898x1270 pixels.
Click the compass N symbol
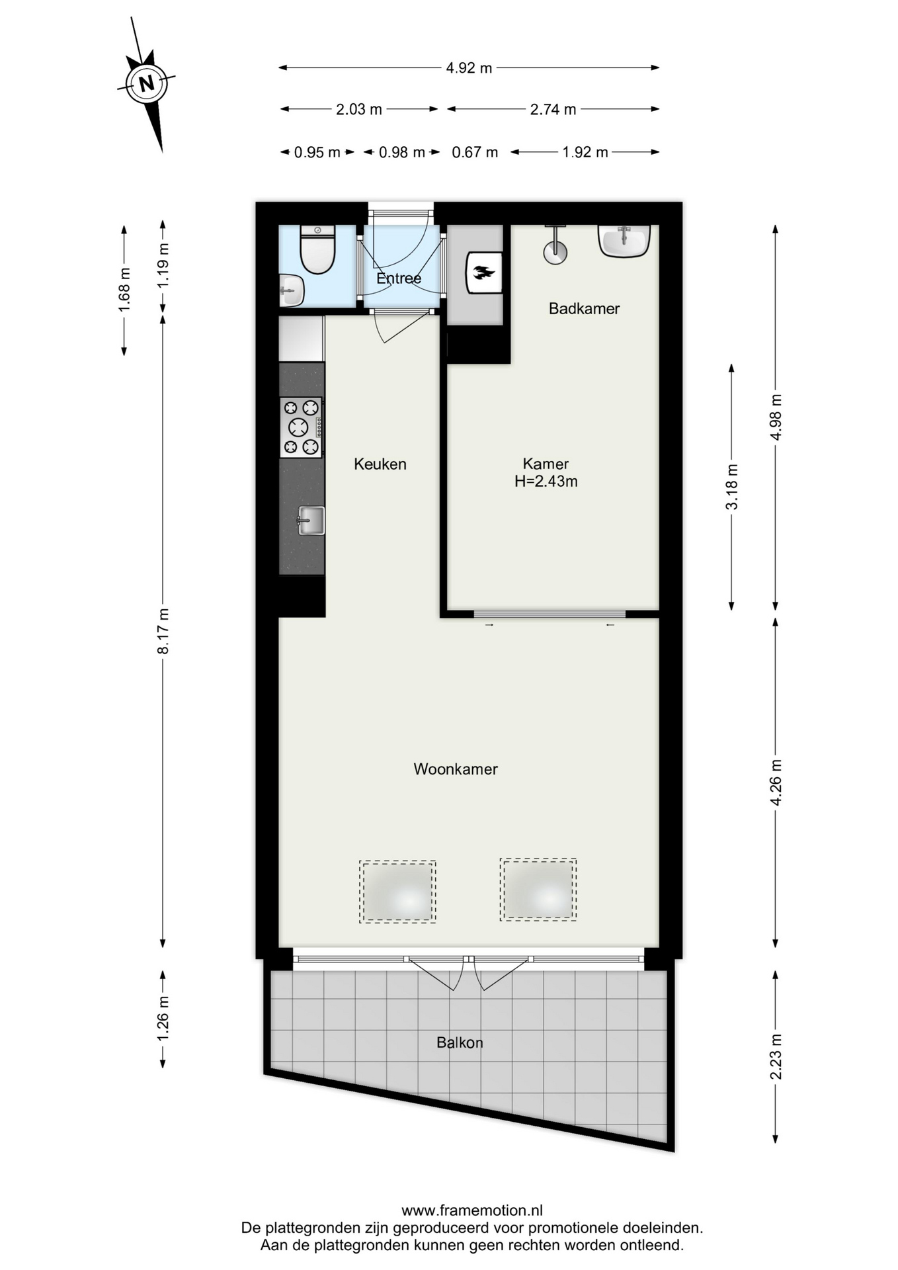click(x=146, y=83)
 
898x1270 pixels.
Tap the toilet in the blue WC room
click(x=318, y=249)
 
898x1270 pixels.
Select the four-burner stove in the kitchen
click(x=301, y=427)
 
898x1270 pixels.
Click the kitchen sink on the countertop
click(x=311, y=521)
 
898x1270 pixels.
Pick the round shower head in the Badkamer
click(x=555, y=252)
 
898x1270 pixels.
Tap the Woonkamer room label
click(x=456, y=769)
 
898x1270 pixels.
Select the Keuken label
click(x=380, y=464)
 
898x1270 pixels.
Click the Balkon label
click(x=460, y=1043)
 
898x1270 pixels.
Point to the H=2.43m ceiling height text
click(x=546, y=482)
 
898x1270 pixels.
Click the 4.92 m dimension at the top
click(x=469, y=67)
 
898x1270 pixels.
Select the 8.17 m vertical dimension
click(x=163, y=631)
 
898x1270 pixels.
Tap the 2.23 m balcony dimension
click(x=776, y=1057)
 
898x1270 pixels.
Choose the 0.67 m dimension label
click(x=475, y=153)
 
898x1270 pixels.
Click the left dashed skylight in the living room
click(x=397, y=892)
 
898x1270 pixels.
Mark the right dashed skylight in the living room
click(x=538, y=890)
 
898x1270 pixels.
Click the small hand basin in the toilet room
click(x=291, y=290)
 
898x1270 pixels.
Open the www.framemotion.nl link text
click(x=472, y=1211)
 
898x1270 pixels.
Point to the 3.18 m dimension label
click(x=732, y=487)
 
